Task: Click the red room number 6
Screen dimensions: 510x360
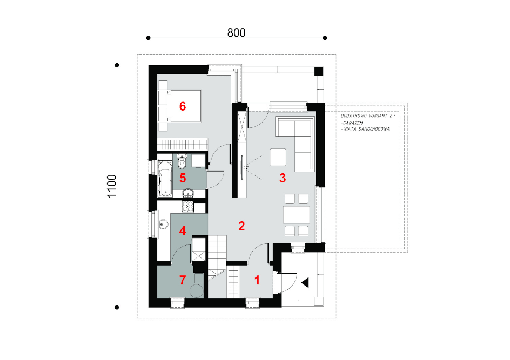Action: click(x=183, y=106)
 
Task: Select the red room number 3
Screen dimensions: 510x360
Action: click(x=283, y=178)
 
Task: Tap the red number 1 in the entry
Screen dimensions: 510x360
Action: click(x=257, y=280)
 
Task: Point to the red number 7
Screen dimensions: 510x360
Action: click(x=183, y=280)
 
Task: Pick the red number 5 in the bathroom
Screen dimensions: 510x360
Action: click(x=183, y=178)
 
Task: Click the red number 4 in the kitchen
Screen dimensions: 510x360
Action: click(x=183, y=230)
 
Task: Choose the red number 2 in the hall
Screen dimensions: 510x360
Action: click(x=241, y=226)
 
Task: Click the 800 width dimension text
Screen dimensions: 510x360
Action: click(x=237, y=33)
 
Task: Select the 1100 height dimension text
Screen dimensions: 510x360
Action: click(x=111, y=186)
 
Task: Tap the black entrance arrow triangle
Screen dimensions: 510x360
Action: click(x=305, y=283)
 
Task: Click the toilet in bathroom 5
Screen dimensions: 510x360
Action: click(x=183, y=161)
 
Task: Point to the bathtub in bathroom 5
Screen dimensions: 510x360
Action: click(x=165, y=178)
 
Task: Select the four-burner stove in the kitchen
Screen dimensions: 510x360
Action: click(x=187, y=206)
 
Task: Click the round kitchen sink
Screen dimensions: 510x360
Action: click(x=163, y=224)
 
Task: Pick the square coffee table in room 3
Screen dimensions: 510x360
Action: click(x=278, y=157)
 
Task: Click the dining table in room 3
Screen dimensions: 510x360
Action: click(x=296, y=215)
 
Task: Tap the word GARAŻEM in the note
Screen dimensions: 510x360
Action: click(x=353, y=123)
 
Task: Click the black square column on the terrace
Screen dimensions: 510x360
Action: click(x=319, y=71)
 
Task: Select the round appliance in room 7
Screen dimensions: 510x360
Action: click(x=197, y=291)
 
